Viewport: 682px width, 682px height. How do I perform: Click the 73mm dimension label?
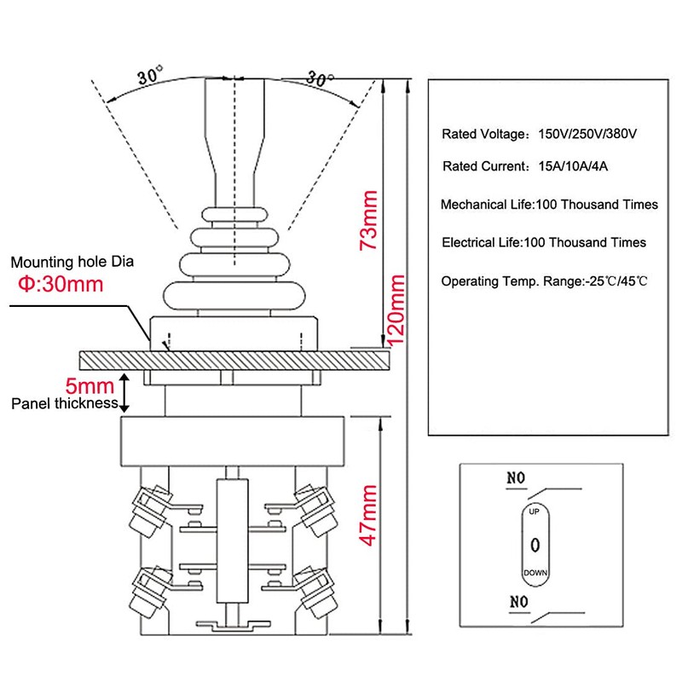(368, 220)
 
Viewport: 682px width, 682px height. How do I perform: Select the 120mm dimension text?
(396, 310)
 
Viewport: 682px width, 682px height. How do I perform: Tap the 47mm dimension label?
(367, 516)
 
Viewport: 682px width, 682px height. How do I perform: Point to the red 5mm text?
(90, 386)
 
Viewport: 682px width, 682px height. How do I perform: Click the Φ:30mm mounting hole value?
(61, 284)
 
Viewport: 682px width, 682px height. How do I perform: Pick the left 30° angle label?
(150, 75)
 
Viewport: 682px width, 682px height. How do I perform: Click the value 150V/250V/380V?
(587, 134)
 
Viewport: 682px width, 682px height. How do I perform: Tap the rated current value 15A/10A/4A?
(573, 166)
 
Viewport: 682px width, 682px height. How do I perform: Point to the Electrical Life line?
(544, 242)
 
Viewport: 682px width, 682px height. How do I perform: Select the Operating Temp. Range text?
(511, 281)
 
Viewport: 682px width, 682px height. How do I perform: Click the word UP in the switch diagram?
(535, 511)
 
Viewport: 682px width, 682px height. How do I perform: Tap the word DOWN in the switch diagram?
(535, 573)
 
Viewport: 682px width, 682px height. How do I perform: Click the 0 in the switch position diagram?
(535, 545)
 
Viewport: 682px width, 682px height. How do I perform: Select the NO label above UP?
(516, 478)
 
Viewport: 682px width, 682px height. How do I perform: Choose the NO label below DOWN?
(519, 602)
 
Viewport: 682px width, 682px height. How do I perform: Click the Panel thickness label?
(65, 403)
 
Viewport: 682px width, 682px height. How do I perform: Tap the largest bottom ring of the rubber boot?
(234, 295)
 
